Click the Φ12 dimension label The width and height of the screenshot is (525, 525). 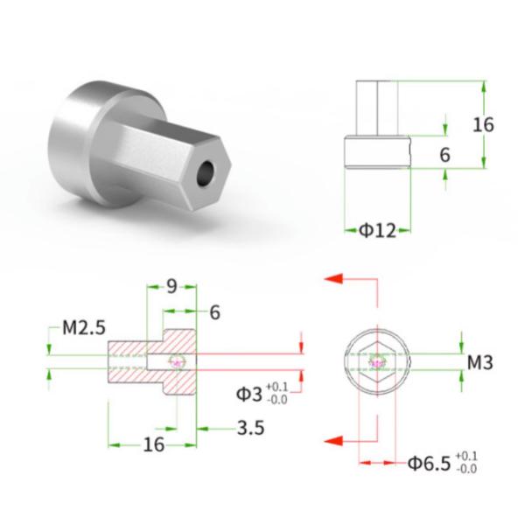click(x=377, y=231)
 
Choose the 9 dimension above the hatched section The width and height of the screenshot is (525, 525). click(x=171, y=285)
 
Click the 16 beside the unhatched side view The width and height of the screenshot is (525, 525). click(x=483, y=124)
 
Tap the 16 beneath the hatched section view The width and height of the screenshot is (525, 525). click(x=153, y=445)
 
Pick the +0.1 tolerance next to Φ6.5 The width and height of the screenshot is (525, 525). click(x=467, y=456)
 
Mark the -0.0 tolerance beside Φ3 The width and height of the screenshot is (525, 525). click(x=277, y=400)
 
